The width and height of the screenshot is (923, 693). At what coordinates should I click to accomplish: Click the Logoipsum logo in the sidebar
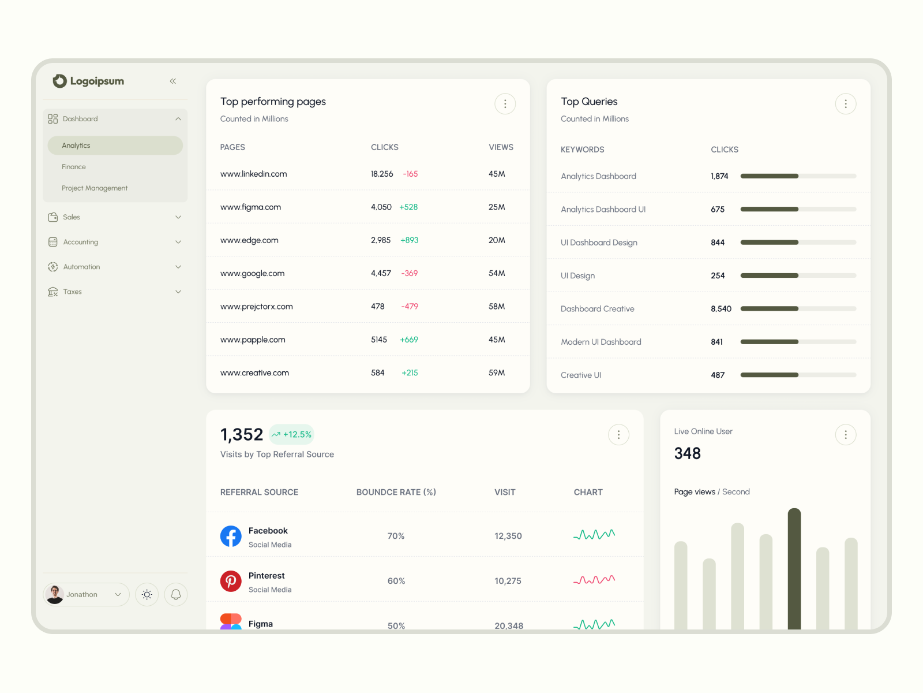(x=88, y=81)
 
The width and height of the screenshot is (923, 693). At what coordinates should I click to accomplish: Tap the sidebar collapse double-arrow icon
(x=173, y=81)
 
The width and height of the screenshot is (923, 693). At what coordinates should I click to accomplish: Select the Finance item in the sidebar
(x=74, y=167)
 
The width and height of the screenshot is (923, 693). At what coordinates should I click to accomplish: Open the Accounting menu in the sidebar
(x=81, y=242)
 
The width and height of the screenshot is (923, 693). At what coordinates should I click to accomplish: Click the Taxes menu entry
(x=73, y=292)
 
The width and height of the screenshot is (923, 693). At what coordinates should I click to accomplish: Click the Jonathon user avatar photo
(x=55, y=594)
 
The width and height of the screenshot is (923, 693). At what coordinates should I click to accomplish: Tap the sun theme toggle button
(x=147, y=594)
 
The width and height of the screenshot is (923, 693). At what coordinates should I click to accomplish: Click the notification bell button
(x=176, y=594)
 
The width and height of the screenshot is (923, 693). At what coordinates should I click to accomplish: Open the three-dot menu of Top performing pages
(x=505, y=104)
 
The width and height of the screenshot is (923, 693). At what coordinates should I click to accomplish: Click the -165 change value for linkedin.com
(x=410, y=174)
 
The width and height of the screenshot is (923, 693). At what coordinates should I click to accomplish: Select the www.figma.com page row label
(x=250, y=207)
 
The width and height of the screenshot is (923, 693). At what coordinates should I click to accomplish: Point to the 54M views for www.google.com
(x=497, y=273)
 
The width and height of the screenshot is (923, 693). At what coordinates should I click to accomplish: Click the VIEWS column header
(x=501, y=147)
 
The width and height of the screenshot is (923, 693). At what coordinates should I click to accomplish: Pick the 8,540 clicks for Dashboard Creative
(x=721, y=309)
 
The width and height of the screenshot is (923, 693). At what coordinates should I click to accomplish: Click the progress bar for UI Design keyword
(x=798, y=275)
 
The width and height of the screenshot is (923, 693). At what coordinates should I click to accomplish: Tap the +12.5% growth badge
(x=292, y=434)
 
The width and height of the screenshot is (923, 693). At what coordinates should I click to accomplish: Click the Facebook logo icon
(x=231, y=536)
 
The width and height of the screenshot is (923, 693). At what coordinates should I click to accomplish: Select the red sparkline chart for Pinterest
(x=594, y=580)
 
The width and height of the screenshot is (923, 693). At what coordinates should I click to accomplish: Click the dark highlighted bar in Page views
(x=794, y=569)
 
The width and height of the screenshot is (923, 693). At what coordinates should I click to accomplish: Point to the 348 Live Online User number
(x=687, y=453)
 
